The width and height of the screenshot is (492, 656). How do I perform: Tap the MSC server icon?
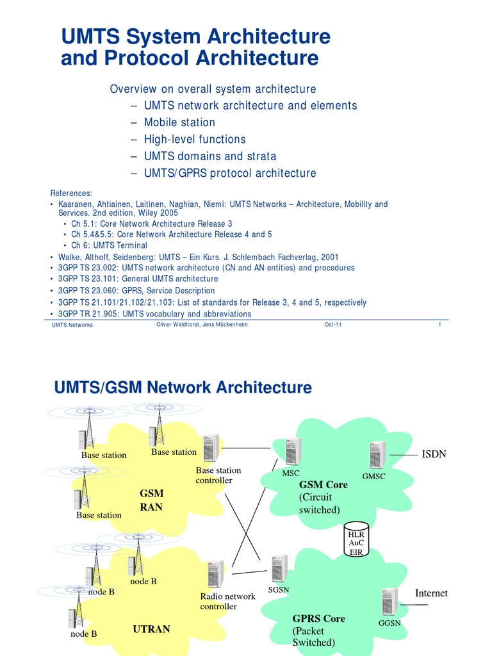293,452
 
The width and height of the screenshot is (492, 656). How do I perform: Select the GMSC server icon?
377,455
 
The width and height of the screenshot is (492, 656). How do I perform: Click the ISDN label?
434,454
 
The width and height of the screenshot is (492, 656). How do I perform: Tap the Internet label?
431,593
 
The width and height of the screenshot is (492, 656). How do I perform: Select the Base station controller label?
218,475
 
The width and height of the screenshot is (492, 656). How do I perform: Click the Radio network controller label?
227,601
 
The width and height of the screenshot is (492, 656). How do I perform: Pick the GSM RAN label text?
151,500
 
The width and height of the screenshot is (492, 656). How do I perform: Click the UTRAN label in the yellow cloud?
151,629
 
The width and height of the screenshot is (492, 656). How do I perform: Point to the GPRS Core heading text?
318,619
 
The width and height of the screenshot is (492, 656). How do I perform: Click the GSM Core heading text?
324,485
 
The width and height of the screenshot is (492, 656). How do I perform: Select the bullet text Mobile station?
179,122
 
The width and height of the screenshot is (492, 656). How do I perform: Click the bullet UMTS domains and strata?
210,156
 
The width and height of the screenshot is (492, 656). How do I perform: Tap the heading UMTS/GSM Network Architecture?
183,388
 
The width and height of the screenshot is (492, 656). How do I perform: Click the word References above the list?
71,193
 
